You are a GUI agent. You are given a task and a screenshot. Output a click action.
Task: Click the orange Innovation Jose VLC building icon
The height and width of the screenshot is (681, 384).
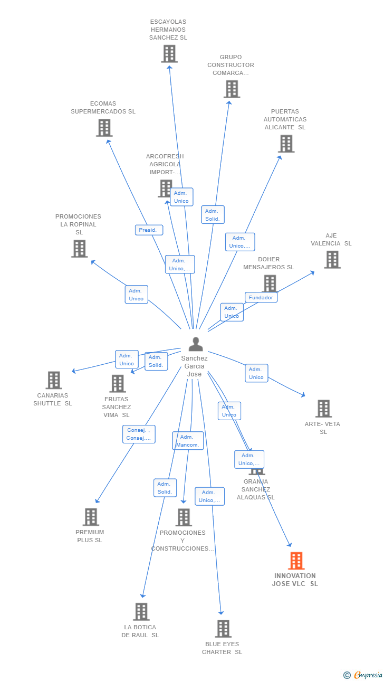click(296, 561)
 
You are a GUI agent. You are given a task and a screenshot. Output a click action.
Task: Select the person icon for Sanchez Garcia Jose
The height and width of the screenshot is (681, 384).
click(196, 344)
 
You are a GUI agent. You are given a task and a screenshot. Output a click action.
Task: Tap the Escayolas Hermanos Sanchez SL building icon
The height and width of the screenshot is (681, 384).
click(169, 54)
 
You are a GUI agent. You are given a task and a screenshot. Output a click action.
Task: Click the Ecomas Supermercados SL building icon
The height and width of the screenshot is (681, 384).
click(104, 128)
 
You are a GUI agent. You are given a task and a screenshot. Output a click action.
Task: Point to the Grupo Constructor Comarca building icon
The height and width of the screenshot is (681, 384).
click(232, 89)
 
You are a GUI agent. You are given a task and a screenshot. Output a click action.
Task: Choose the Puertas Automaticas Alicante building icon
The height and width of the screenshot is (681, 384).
click(286, 144)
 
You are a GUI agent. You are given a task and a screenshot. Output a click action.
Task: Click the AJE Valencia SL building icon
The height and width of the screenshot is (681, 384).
click(332, 260)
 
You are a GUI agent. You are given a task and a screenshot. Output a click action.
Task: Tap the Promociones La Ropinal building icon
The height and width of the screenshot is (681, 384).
click(79, 249)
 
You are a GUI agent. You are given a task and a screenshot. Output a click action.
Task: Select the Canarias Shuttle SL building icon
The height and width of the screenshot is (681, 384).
click(54, 380)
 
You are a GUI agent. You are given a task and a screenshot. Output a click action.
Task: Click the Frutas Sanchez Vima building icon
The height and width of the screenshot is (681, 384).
click(117, 384)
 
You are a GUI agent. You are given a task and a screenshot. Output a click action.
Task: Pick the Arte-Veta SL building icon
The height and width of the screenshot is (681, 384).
click(323, 409)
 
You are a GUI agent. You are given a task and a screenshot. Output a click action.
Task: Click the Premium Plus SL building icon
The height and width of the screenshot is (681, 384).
click(91, 517)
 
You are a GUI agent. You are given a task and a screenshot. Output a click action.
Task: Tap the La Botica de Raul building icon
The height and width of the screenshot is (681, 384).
click(141, 612)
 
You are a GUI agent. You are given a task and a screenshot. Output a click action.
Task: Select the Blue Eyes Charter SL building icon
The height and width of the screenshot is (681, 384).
click(223, 629)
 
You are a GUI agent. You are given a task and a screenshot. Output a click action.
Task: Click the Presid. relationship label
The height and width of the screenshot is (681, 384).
click(149, 230)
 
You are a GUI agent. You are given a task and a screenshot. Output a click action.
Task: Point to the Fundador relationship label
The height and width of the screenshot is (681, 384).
click(261, 298)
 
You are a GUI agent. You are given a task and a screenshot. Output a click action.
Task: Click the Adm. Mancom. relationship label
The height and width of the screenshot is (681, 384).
click(188, 441)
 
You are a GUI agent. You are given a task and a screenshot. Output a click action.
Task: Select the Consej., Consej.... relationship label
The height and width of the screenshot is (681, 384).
click(139, 434)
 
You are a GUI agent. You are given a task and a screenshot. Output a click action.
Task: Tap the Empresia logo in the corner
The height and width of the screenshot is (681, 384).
click(364, 675)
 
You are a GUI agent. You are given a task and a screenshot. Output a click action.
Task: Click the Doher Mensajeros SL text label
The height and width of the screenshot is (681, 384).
click(268, 263)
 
